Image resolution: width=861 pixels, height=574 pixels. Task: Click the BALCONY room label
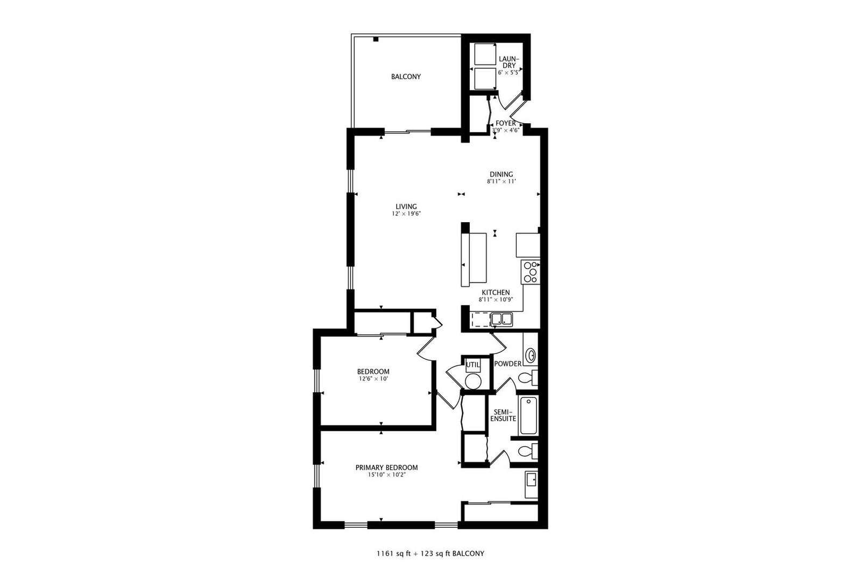406,77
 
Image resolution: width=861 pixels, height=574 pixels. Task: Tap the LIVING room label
406,207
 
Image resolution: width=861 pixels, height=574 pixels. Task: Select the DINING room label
501,174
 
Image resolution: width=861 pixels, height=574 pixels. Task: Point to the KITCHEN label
496,293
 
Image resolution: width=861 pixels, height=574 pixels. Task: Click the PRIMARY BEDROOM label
387,467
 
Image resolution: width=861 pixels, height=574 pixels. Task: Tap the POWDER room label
508,364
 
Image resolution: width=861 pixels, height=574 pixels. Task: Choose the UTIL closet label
473,365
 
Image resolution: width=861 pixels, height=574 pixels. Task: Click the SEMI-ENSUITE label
503,415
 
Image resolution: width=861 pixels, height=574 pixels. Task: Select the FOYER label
505,123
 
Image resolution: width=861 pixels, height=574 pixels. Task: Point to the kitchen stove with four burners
531,272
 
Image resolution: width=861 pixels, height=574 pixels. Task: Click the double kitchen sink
502,319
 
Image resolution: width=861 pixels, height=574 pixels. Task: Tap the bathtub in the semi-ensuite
528,416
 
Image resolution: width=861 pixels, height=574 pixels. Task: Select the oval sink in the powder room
531,355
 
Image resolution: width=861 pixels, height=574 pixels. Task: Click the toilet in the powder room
528,378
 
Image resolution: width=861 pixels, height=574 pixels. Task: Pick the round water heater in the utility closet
473,381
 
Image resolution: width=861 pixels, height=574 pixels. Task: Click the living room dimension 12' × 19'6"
406,214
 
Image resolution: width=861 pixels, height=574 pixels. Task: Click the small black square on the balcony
376,39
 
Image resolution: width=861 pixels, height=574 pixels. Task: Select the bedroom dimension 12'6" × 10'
373,379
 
